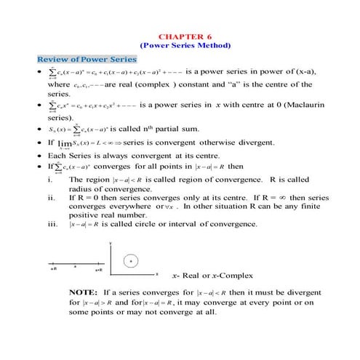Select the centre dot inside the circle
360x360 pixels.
130,260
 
